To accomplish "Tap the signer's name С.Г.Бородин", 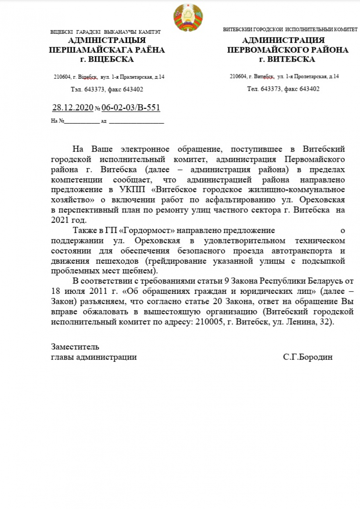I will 308,357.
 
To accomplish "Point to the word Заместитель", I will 75,346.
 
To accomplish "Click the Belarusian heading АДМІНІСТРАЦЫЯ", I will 107,40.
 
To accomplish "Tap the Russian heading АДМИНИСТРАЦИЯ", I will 283,40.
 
